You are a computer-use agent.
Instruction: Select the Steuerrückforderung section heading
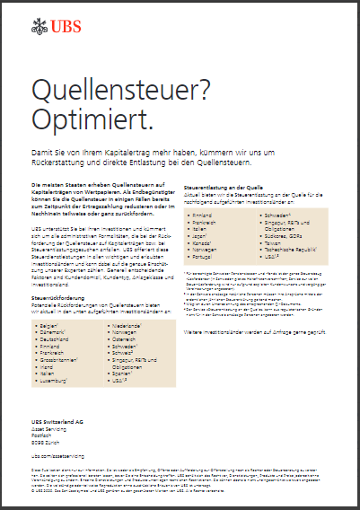coord(58,294)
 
